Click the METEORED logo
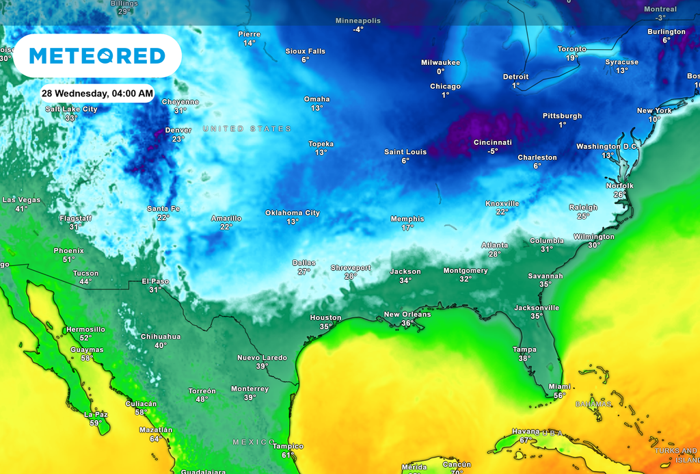(x=97, y=55)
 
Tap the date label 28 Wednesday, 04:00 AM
(x=97, y=93)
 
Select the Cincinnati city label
(x=492, y=142)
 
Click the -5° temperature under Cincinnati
(x=492, y=151)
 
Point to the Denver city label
(x=178, y=130)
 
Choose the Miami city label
(x=559, y=386)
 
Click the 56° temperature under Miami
(x=559, y=395)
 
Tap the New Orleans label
(x=407, y=315)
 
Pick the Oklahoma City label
(x=293, y=213)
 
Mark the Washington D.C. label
(x=607, y=146)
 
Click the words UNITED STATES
(x=247, y=129)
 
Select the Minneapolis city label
(x=358, y=21)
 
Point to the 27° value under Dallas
(x=304, y=272)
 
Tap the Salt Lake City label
(x=71, y=109)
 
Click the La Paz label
(x=96, y=414)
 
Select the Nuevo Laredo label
(x=262, y=358)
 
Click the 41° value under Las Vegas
(x=21, y=209)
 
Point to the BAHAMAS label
(x=593, y=404)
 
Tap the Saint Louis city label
(x=405, y=152)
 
